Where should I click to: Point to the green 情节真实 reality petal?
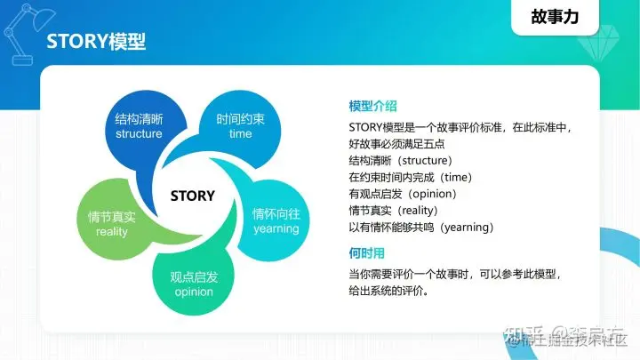(x=112, y=224)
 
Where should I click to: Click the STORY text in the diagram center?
(x=192, y=195)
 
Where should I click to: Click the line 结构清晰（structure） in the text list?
(x=401, y=161)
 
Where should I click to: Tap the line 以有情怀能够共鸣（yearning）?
(x=421, y=228)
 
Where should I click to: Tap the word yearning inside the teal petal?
(x=276, y=228)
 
